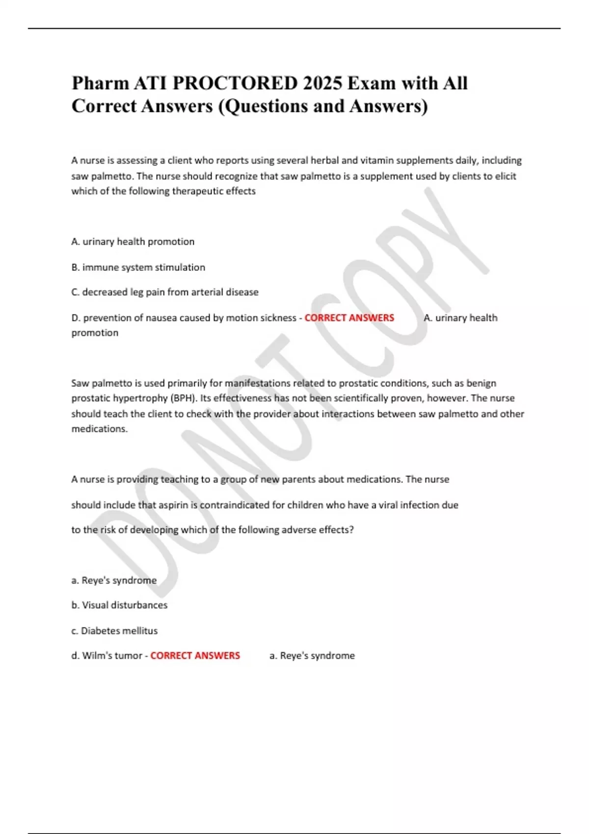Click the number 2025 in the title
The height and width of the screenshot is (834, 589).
[322, 83]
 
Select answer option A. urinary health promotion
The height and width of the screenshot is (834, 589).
[133, 241]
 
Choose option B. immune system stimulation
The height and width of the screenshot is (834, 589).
[138, 267]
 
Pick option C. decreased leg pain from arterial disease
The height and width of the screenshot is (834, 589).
[165, 292]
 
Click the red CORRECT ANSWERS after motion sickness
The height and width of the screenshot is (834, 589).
[349, 318]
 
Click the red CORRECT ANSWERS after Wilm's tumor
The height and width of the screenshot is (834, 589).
[195, 655]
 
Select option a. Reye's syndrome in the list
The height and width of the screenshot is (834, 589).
[114, 580]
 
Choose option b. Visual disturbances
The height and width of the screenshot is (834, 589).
[119, 605]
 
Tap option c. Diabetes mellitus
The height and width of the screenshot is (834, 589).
[114, 631]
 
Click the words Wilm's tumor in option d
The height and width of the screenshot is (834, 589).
[112, 655]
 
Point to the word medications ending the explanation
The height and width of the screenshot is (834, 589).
[99, 429]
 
